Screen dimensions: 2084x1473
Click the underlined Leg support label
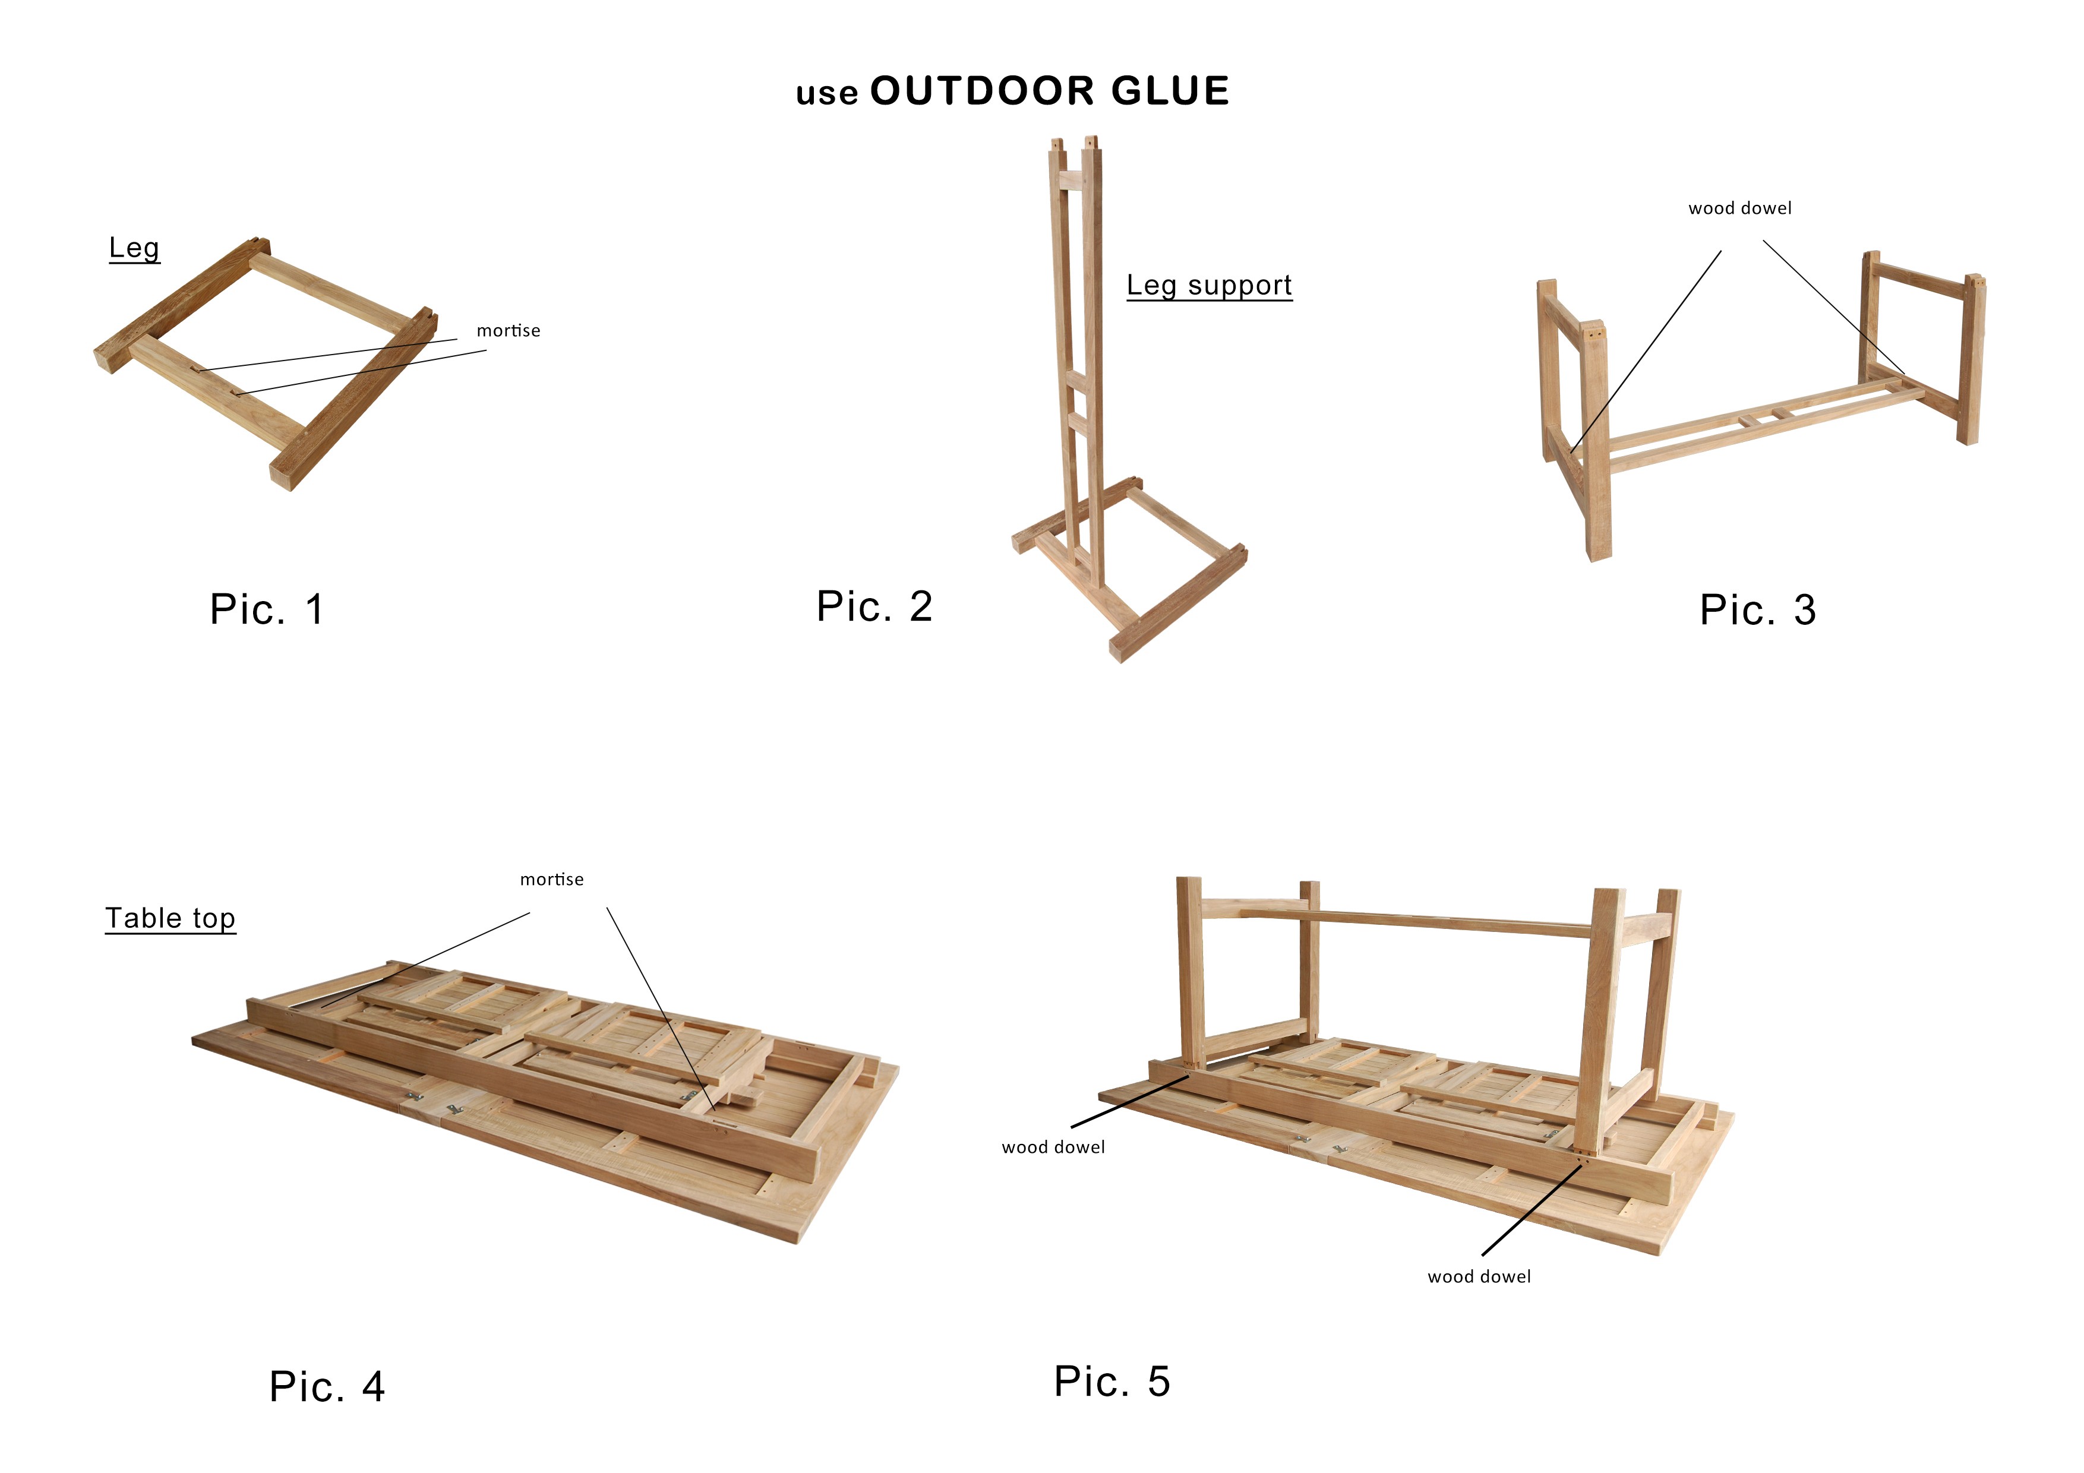pos(1209,285)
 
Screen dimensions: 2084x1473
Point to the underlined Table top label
pos(170,918)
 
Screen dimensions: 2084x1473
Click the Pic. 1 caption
pos(267,609)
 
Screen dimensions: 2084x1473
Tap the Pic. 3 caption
pos(1758,610)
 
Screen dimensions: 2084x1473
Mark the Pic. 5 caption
pos(1113,1382)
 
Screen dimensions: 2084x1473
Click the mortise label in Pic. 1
pos(509,330)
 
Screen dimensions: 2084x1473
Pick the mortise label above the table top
pos(552,880)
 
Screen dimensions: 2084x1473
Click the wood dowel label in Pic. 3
pos(1740,208)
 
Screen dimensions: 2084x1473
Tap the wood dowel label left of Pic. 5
pos(1053,1147)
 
